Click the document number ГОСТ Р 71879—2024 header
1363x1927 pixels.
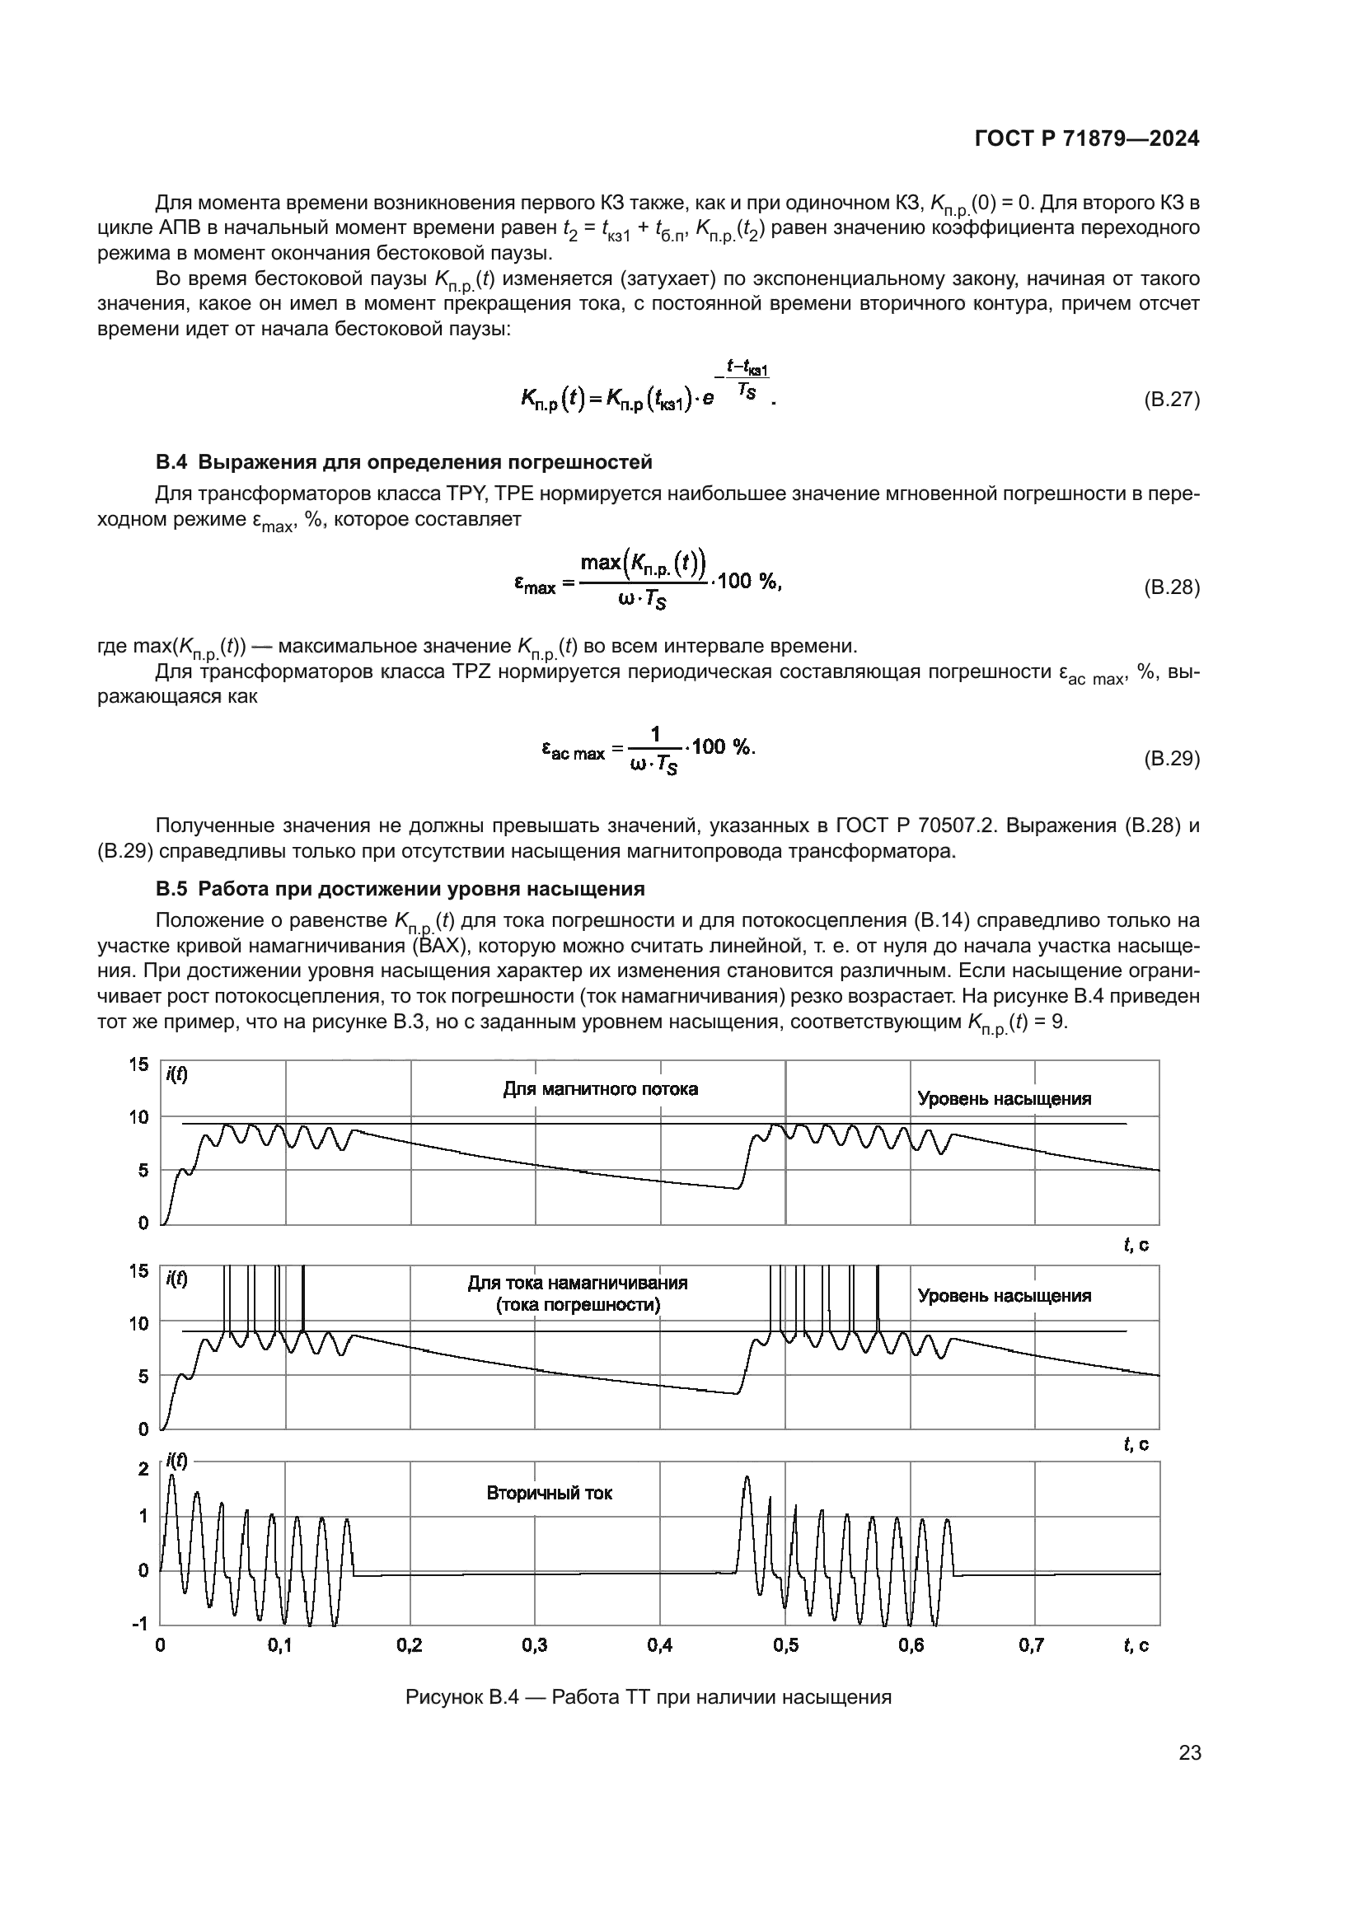pos(1087,139)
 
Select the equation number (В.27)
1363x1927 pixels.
pos(1172,400)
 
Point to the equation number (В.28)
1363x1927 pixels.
pos(1172,587)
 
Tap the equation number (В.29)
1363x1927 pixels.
pos(1172,759)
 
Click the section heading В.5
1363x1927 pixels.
pos(400,889)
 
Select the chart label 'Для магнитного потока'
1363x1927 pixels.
pos(600,1089)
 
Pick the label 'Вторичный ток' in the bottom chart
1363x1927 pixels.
pos(550,1493)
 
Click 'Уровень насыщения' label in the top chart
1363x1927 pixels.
pos(1004,1100)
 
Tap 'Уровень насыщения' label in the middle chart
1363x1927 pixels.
pos(1004,1296)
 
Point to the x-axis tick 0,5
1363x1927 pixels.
pos(785,1646)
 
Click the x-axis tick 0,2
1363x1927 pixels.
pos(410,1646)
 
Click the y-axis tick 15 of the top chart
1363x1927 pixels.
pos(138,1065)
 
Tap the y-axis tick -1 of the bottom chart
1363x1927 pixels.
pos(138,1624)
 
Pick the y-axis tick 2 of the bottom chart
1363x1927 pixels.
pos(143,1469)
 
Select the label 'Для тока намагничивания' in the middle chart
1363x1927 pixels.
pos(578,1284)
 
